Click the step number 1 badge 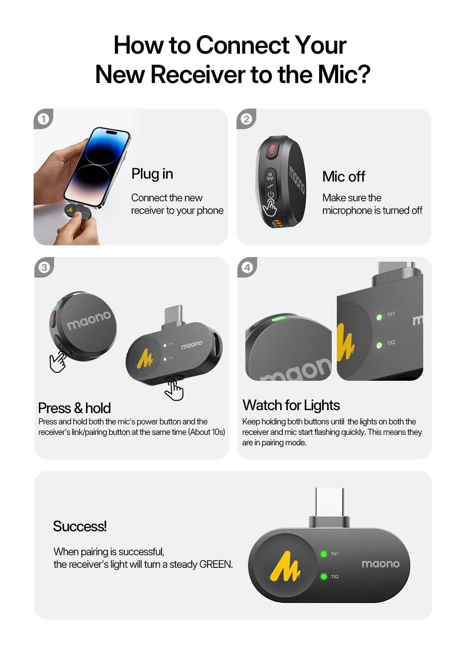(42, 119)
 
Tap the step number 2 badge (246, 119)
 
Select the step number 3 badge (44, 267)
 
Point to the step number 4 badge (247, 267)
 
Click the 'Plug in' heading (152, 174)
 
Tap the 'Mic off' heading (344, 177)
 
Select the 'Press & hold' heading (74, 408)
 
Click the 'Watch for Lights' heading (291, 405)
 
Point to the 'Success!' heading (80, 526)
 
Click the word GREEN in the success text (216, 564)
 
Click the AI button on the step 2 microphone (270, 176)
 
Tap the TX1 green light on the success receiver (323, 554)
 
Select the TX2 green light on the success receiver (323, 577)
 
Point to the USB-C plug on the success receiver (329, 507)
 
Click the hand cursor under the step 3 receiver (174, 390)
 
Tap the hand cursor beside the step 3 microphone (58, 361)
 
